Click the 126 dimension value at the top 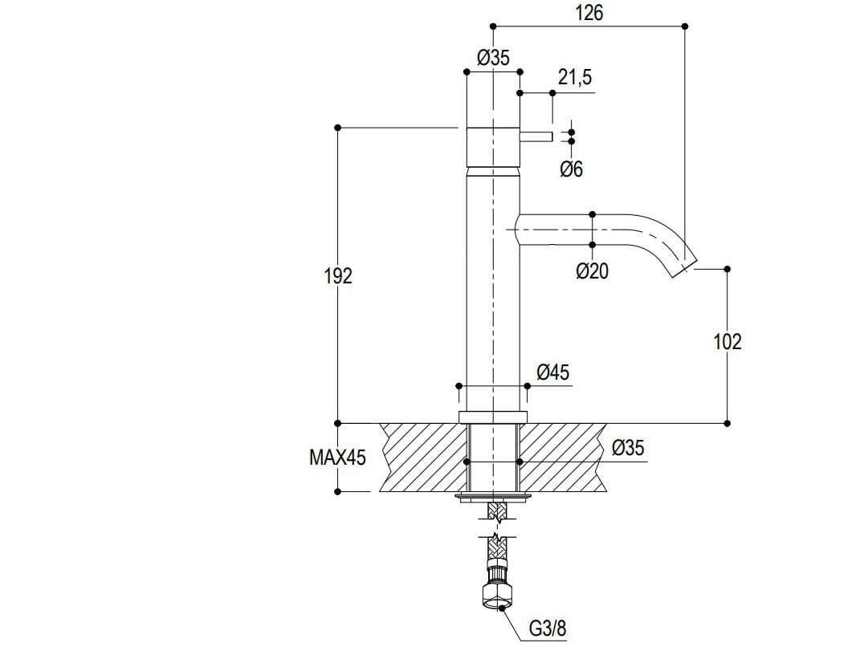[589, 13]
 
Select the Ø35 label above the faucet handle [492, 57]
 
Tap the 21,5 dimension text [574, 77]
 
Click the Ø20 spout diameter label [592, 271]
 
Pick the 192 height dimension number [338, 275]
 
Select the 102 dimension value [727, 341]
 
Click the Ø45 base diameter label [552, 372]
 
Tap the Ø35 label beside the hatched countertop [627, 448]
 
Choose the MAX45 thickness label [337, 458]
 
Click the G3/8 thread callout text [547, 629]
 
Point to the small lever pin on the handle [536, 136]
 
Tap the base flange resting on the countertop [492, 416]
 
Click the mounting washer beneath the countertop [492, 498]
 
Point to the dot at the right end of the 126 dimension [685, 26]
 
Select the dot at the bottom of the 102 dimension [727, 422]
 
